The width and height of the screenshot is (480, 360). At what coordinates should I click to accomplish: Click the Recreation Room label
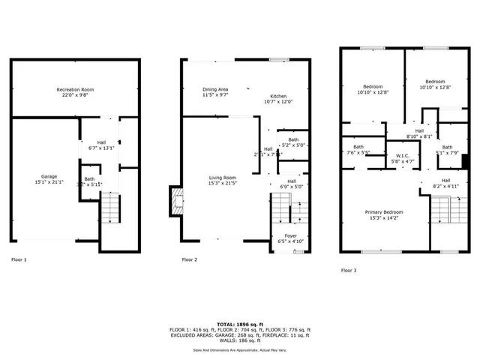[x=75, y=90]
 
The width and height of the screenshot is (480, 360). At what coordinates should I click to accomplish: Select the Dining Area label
[x=215, y=90]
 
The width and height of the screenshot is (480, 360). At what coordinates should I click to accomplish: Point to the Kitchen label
[x=278, y=97]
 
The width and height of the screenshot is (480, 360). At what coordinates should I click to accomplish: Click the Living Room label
[x=222, y=178]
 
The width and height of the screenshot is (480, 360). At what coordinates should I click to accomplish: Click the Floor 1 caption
[x=19, y=259]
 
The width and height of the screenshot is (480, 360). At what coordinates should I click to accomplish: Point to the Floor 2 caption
[x=190, y=259]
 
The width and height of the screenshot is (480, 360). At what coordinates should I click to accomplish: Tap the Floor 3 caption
[x=348, y=270]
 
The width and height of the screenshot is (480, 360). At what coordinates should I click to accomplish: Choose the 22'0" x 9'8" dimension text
[x=75, y=96]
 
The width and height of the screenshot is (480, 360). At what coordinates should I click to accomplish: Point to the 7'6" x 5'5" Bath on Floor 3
[x=358, y=149]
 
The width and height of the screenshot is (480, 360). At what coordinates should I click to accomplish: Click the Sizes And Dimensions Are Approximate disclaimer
[x=239, y=349]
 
